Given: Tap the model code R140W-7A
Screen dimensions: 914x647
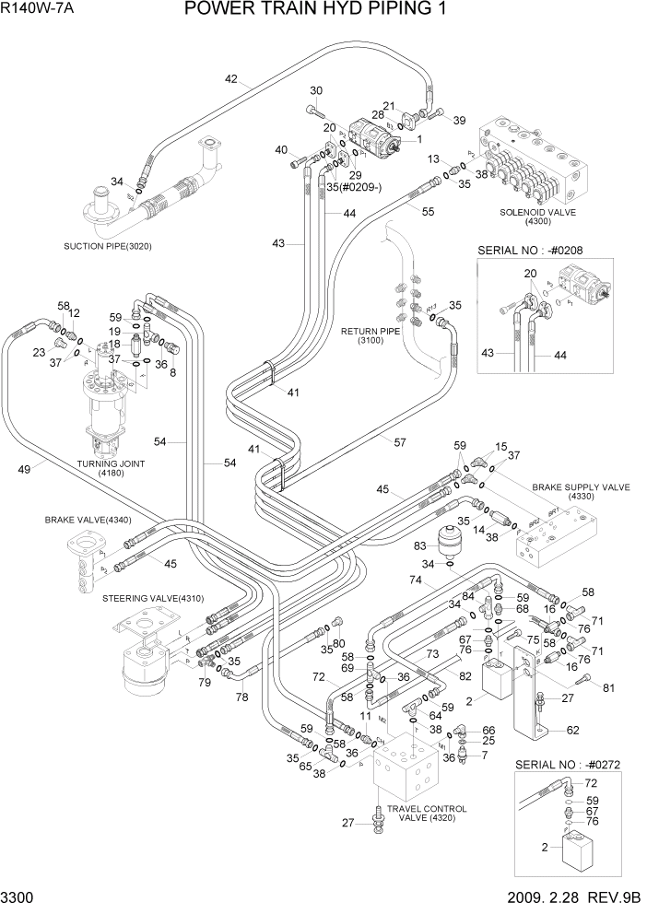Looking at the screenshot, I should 41,10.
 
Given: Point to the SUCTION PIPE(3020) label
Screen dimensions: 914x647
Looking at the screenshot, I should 107,246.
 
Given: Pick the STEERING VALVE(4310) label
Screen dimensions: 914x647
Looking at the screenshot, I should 147,599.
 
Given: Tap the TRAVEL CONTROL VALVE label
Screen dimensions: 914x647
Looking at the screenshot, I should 426,814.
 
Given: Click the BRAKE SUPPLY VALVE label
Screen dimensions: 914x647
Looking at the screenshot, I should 582,490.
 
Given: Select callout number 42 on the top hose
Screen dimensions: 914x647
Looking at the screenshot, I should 230,78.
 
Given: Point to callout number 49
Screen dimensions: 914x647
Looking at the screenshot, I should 25,469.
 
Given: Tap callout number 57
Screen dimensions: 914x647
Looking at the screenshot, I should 400,442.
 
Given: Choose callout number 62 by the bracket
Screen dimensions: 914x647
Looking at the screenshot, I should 572,730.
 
